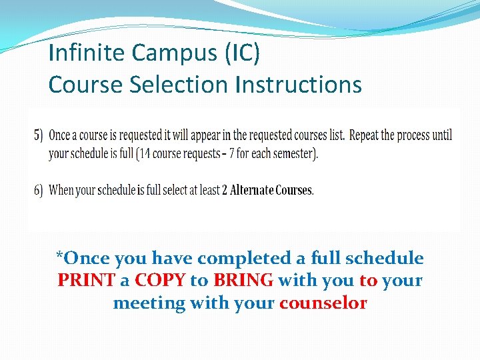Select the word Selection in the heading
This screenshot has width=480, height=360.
[176, 85]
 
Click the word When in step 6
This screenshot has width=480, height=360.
[61, 190]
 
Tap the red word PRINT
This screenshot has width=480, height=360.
[85, 281]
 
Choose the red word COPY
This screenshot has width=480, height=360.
[160, 281]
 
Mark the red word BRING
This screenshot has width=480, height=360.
[243, 281]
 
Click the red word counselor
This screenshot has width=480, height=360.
[323, 303]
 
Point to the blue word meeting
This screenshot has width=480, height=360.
[149, 303]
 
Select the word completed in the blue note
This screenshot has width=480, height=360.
[244, 258]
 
